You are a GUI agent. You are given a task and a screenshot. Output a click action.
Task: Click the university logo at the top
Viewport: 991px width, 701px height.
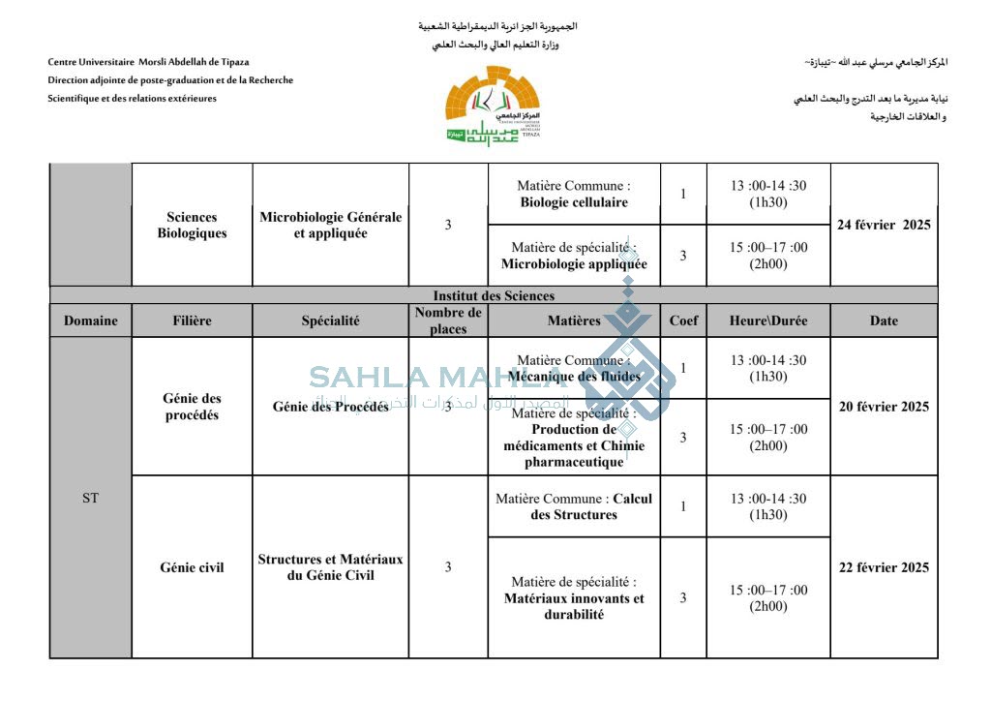494,106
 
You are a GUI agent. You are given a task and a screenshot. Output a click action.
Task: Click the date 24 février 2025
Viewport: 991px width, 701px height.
884,225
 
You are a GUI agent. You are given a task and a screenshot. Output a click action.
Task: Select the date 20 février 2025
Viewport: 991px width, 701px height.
884,407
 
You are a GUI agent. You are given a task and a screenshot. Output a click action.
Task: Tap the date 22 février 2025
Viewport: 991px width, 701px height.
884,567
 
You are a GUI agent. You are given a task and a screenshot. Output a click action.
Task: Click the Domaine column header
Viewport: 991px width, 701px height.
91,320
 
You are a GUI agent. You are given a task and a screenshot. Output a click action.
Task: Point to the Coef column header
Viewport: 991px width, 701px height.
683,320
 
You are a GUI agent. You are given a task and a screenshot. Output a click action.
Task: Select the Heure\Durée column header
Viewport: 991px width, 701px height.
768,320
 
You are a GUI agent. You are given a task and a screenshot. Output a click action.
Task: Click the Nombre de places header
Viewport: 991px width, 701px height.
448,320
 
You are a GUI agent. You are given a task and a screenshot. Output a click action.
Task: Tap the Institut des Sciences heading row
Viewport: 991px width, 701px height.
494,295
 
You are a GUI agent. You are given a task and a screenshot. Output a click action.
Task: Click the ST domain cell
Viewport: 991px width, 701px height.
90,498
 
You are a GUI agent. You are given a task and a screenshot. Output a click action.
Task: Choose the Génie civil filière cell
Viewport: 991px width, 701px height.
192,567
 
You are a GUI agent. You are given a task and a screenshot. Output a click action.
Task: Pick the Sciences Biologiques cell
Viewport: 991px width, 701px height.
192,225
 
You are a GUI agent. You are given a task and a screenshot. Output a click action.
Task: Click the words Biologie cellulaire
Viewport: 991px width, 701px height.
574,202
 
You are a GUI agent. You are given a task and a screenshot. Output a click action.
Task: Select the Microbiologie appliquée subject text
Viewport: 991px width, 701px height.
574,263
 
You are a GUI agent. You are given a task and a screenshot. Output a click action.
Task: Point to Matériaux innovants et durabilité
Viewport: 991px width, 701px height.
574,606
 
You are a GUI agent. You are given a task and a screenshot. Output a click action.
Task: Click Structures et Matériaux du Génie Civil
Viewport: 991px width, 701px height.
330,567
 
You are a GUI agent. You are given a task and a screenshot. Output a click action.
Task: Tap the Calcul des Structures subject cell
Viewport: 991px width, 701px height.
574,506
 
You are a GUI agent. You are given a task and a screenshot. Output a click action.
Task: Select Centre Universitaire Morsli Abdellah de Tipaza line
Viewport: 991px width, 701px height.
148,62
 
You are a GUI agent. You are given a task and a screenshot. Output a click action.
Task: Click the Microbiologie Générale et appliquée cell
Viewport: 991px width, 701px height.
330,225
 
